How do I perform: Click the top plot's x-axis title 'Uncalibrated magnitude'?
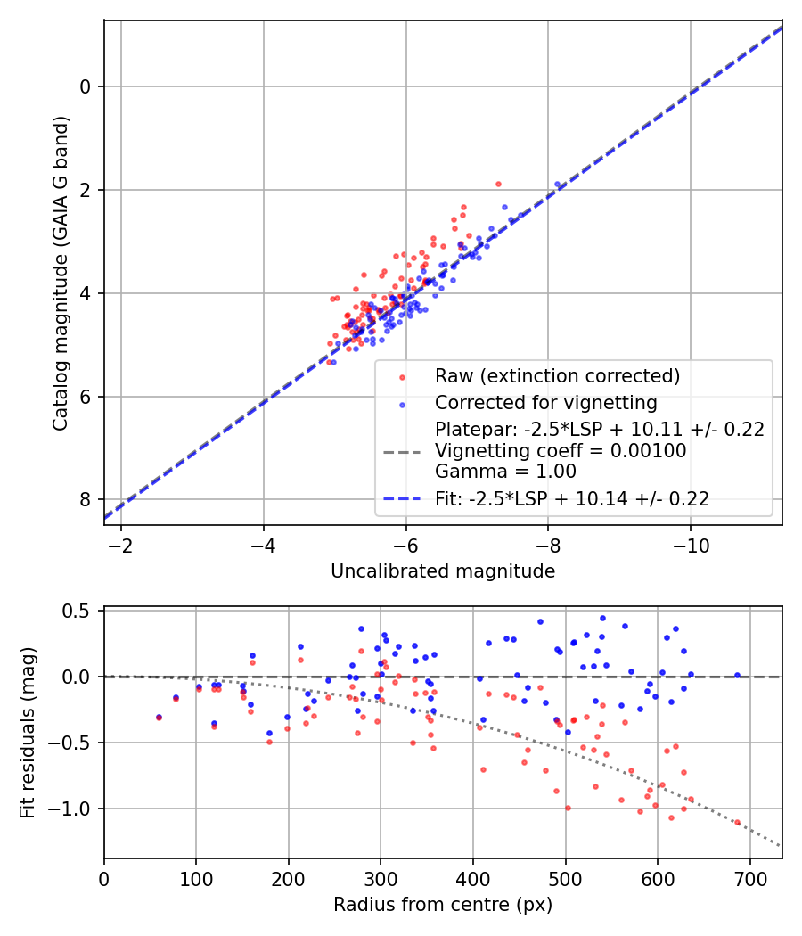coord(443,571)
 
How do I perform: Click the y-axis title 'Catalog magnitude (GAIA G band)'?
coord(60,273)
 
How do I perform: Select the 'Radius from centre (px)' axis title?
coord(443,905)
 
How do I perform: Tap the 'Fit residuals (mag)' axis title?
coord(28,733)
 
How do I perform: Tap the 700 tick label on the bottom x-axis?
coord(749,880)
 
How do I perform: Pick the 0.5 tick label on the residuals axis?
coord(79,611)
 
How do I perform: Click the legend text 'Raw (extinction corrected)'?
coord(557,376)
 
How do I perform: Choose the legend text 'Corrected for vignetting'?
coord(545,402)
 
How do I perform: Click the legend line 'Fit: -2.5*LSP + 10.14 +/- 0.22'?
coord(572,499)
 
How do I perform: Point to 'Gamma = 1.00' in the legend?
coord(505,472)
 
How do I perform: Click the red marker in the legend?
coord(402,377)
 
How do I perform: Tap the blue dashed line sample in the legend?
coord(402,499)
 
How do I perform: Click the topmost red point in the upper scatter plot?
coord(498,184)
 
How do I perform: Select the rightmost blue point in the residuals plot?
coord(737,676)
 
